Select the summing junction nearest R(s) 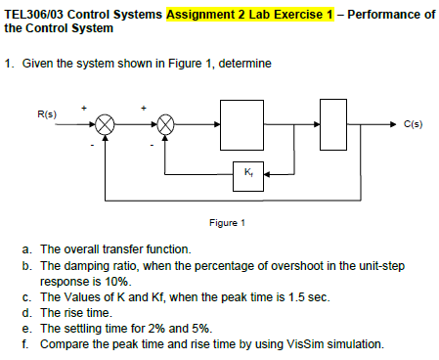(x=107, y=125)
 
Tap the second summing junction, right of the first (x=166, y=125)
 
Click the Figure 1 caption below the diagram (x=239, y=223)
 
